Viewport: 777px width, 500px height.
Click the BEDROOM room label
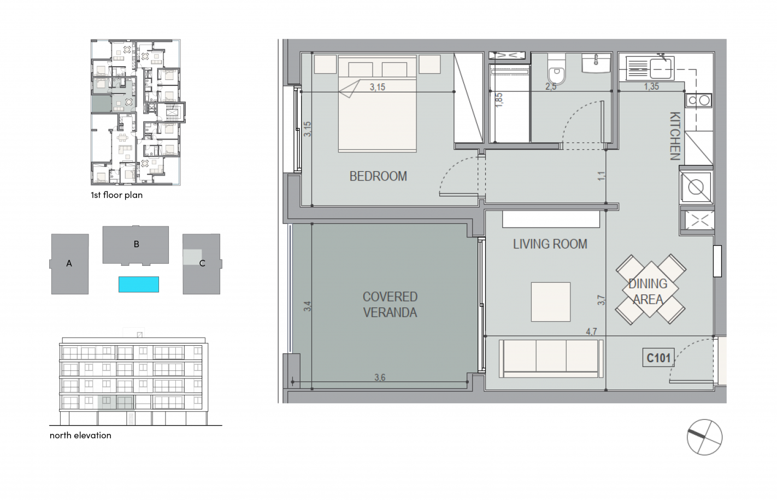[378, 176]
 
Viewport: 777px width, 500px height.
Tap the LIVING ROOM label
[550, 244]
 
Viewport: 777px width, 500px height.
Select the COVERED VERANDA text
[390, 305]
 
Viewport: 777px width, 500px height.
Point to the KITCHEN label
[675, 136]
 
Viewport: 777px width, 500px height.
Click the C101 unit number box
[658, 358]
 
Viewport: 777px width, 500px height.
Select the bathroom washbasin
[596, 63]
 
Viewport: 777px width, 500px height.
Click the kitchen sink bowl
[661, 68]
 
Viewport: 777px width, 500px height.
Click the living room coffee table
[550, 302]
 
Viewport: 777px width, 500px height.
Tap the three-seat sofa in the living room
[551, 359]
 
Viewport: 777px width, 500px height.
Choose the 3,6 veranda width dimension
[380, 377]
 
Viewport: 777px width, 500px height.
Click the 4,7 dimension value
[591, 332]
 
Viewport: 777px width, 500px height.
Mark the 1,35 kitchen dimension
[651, 86]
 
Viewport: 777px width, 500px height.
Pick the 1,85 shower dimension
[499, 100]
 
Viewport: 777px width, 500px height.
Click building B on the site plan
[136, 245]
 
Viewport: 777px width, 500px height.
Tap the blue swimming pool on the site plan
[139, 284]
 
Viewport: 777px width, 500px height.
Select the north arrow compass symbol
[704, 437]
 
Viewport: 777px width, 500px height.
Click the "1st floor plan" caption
[116, 195]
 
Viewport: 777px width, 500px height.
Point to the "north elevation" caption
[80, 435]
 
